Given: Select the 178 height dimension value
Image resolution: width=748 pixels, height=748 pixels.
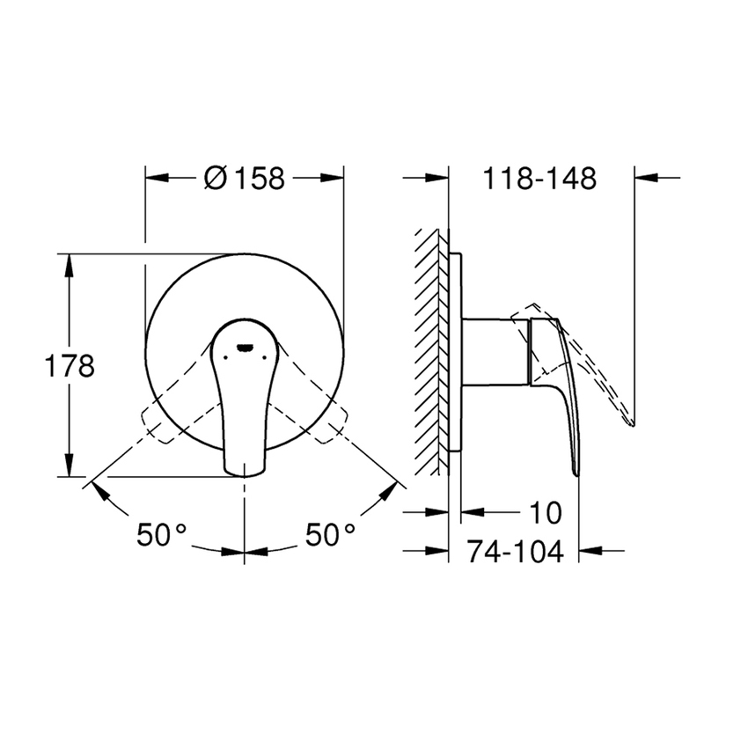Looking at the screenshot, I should (x=70, y=365).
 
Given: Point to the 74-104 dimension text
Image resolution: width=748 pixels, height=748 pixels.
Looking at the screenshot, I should (x=515, y=551).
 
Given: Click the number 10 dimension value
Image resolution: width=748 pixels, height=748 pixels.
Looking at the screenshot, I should (x=546, y=511).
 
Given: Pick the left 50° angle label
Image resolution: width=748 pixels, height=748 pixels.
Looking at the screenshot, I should (x=162, y=534).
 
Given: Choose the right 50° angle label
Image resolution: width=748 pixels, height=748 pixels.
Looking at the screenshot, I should (x=330, y=534).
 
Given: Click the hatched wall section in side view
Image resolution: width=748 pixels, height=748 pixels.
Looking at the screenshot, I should (x=431, y=352).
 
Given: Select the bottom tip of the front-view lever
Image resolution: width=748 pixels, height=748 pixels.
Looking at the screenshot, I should (x=244, y=473).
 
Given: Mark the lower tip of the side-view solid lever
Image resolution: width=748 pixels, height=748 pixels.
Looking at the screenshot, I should (x=576, y=473).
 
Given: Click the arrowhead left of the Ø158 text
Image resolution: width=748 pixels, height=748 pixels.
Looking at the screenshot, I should (x=157, y=177).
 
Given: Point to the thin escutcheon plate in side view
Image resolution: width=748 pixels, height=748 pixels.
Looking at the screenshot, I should (x=454, y=352).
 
